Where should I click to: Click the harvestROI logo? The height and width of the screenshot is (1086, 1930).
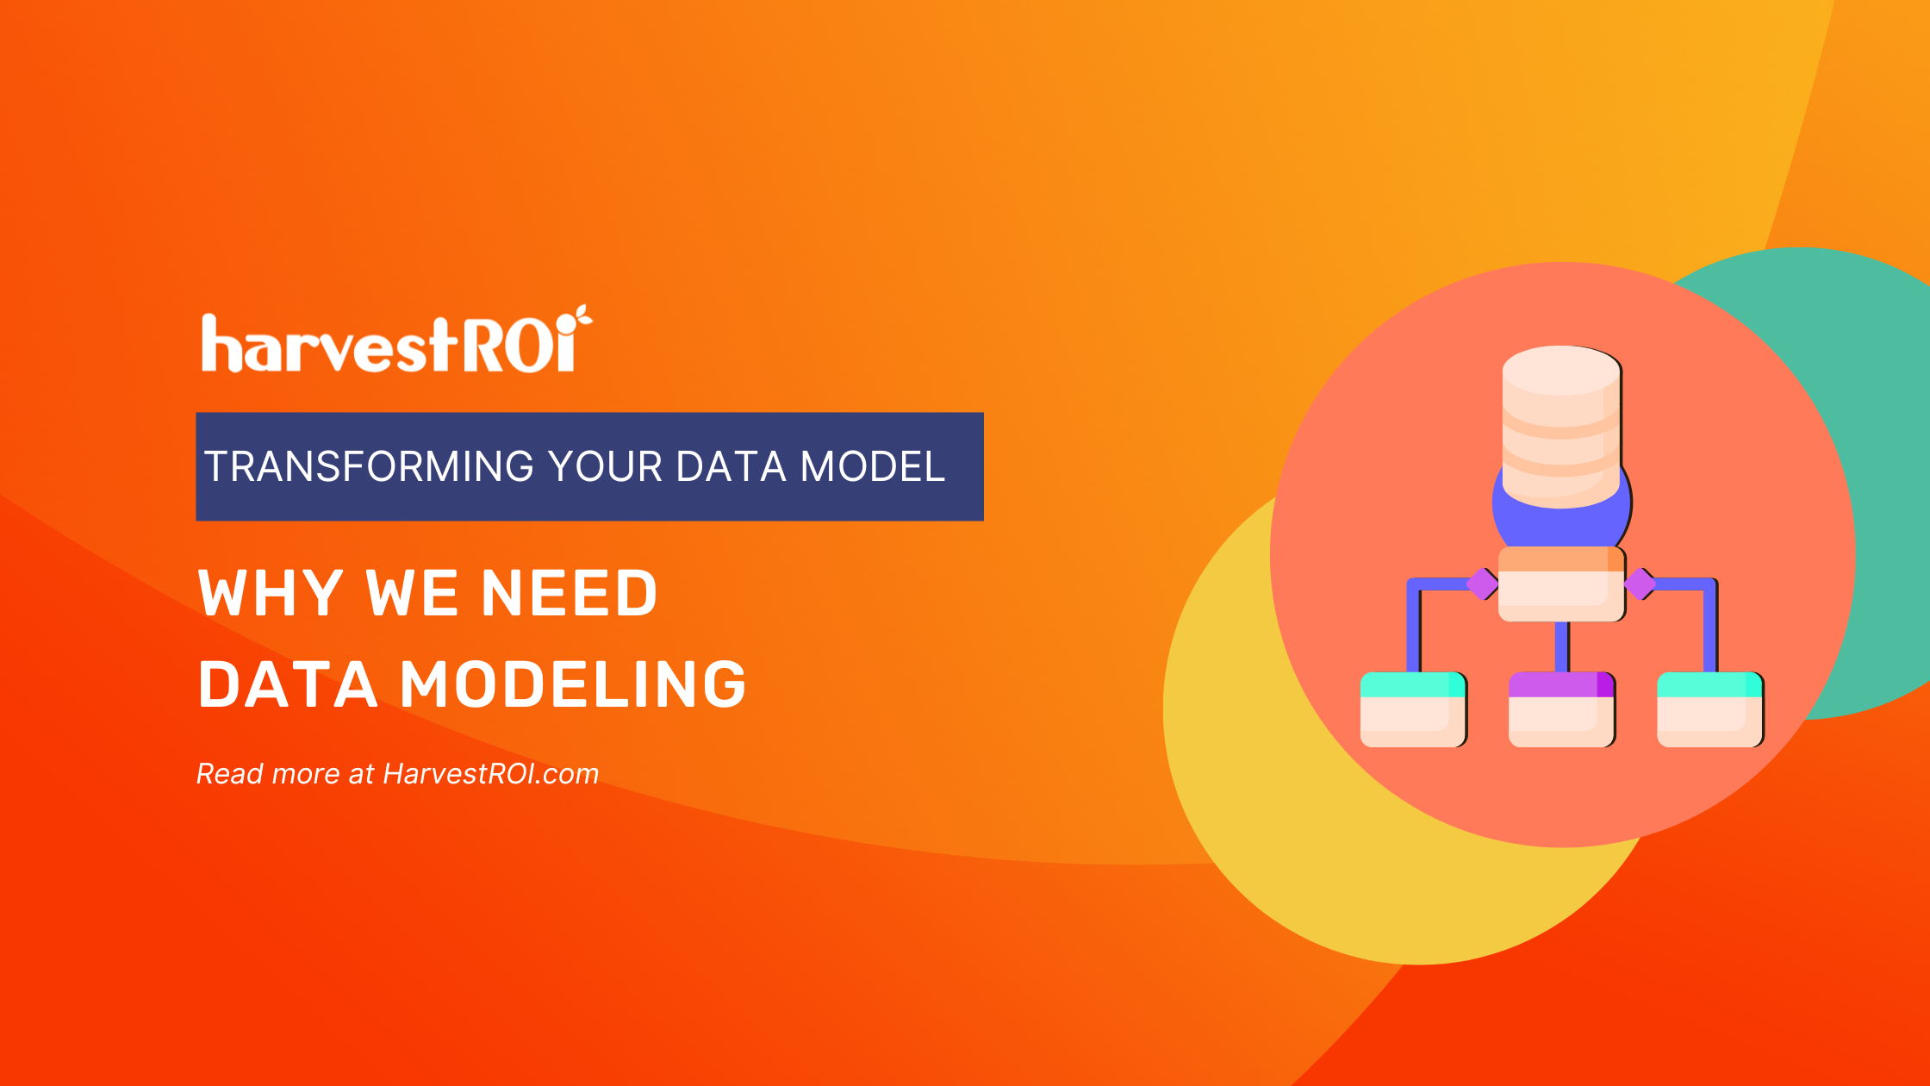pos(392,343)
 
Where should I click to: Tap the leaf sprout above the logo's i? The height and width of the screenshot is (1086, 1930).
pos(583,316)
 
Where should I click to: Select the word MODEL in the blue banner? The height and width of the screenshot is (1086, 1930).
pos(872,466)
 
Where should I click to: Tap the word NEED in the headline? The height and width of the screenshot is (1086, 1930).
pos(569,593)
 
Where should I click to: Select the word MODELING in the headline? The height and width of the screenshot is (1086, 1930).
pos(573,685)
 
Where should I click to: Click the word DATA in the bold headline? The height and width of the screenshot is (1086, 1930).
pos(288,685)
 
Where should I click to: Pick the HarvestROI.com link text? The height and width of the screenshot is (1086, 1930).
pos(490,774)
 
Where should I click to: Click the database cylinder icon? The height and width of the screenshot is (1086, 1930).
pos(1561,427)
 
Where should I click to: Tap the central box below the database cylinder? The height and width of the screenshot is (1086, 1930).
pos(1561,584)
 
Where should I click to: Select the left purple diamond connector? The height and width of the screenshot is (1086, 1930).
pos(1482,584)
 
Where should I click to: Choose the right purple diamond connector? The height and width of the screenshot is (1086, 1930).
pos(1640,584)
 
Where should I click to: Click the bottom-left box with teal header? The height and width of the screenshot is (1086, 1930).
pos(1413,709)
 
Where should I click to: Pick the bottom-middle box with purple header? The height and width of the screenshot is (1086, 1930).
pos(1561,709)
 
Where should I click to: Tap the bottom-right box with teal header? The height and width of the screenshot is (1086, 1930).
pos(1710,709)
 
